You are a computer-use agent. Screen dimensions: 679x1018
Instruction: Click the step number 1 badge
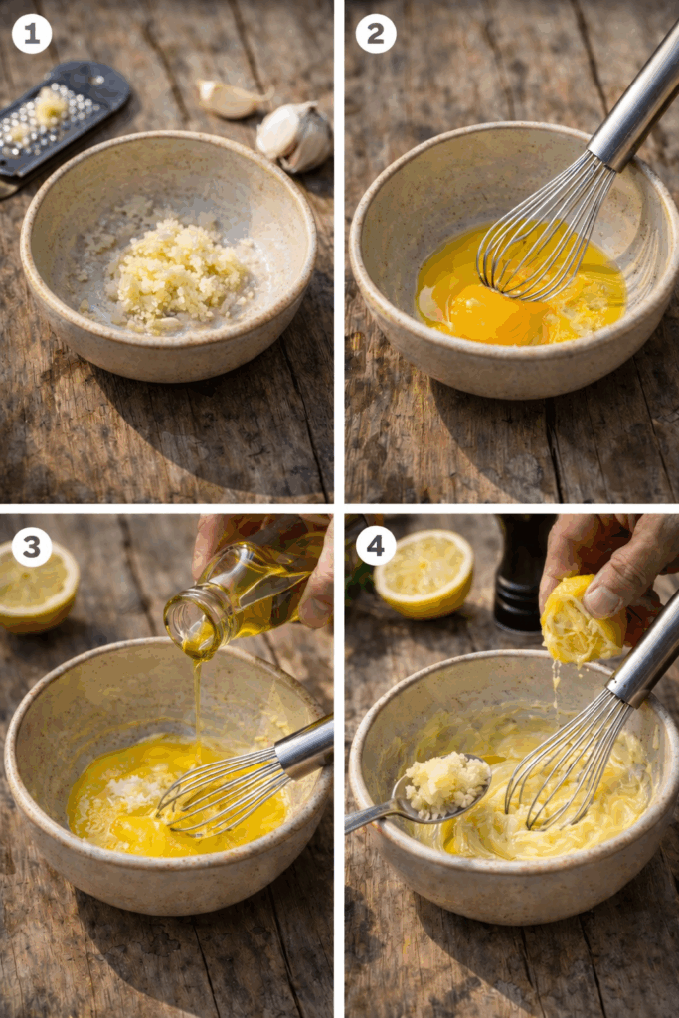[31, 34]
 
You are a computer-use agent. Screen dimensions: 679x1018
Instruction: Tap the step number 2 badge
[375, 34]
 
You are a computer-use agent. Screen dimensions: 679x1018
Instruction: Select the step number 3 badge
[31, 547]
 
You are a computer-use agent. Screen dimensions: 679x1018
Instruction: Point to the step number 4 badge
[375, 547]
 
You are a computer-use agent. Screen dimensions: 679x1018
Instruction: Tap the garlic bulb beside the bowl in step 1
[295, 137]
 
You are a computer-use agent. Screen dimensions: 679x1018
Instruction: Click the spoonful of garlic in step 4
[446, 784]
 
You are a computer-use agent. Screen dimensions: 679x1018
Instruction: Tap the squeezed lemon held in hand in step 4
[581, 621]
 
